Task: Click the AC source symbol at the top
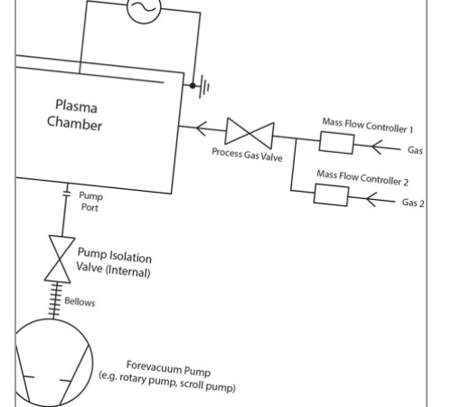144,8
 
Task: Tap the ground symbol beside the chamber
204,87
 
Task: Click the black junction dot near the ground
193,86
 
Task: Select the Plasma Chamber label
75,115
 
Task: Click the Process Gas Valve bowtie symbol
250,133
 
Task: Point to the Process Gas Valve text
247,155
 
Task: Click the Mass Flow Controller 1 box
336,143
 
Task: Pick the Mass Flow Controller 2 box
331,195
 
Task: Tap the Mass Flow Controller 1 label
368,126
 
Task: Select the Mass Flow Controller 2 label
363,178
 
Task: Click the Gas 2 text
413,203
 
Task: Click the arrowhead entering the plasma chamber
202,128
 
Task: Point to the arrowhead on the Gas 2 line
372,199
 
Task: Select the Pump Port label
90,202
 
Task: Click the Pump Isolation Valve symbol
60,260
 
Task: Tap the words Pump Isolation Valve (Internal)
114,262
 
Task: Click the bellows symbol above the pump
55,301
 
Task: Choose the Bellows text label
80,301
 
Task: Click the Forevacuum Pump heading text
168,368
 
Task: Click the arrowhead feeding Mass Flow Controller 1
377,147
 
